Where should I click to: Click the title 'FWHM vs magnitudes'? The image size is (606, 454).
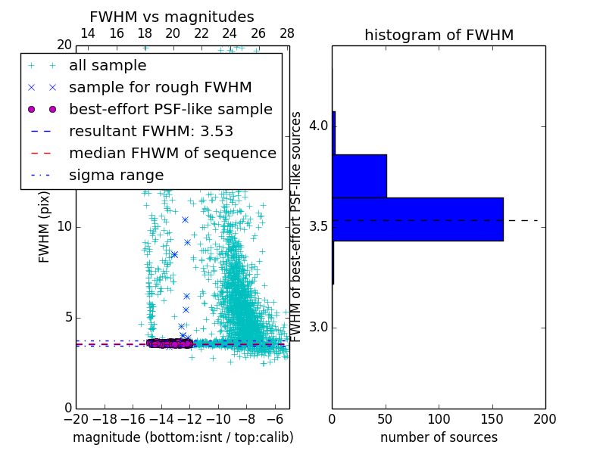tap(172, 17)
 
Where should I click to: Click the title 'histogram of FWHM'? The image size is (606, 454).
tap(439, 35)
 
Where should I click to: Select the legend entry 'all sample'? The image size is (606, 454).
tap(108, 66)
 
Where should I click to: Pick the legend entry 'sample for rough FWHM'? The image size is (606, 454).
tap(160, 88)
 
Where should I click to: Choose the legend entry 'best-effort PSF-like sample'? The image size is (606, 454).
tap(170, 110)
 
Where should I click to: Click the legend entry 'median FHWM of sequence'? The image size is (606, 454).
tap(172, 154)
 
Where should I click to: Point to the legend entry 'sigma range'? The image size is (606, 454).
tap(116, 176)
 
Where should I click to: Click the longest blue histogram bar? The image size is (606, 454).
tap(417, 219)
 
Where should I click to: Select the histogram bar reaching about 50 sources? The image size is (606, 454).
tap(359, 176)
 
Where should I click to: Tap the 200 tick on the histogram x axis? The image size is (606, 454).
tap(545, 419)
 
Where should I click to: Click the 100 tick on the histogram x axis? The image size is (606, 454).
tap(439, 419)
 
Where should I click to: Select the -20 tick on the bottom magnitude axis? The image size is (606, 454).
tap(76, 419)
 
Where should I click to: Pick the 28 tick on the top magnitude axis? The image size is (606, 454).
tap(287, 33)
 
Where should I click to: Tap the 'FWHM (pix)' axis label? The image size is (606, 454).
tap(45, 227)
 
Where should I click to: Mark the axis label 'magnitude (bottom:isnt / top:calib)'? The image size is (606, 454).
tap(183, 437)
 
